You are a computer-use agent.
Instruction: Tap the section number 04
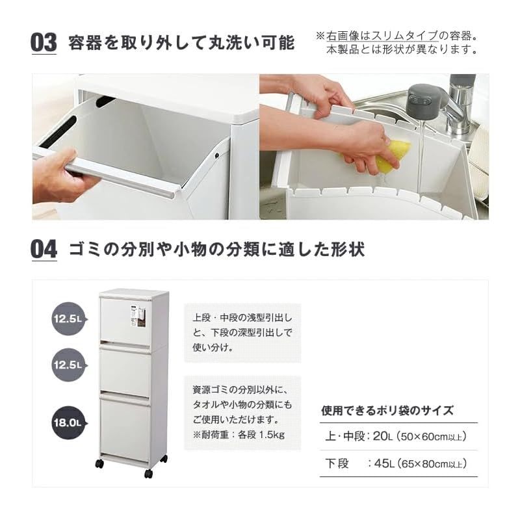click(44, 250)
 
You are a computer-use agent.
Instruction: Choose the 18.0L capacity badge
click(68, 422)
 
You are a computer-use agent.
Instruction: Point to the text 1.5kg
click(272, 435)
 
